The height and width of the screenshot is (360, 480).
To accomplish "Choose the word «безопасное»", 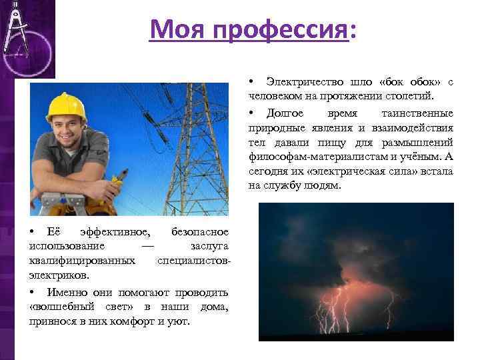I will (x=200, y=231).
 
